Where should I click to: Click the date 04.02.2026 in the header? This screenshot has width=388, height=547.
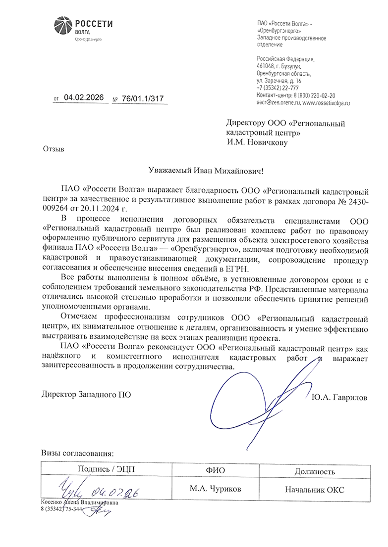(84, 98)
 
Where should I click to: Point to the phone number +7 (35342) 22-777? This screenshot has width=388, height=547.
(277, 88)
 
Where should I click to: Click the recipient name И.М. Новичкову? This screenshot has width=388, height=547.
(257, 142)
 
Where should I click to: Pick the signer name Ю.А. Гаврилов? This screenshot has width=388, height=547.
(339, 397)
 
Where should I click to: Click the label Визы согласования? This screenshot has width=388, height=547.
(77, 453)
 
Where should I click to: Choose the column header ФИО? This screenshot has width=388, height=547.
(215, 471)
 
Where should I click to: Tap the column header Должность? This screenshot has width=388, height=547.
(315, 471)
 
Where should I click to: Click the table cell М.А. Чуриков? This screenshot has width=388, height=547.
(215, 489)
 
